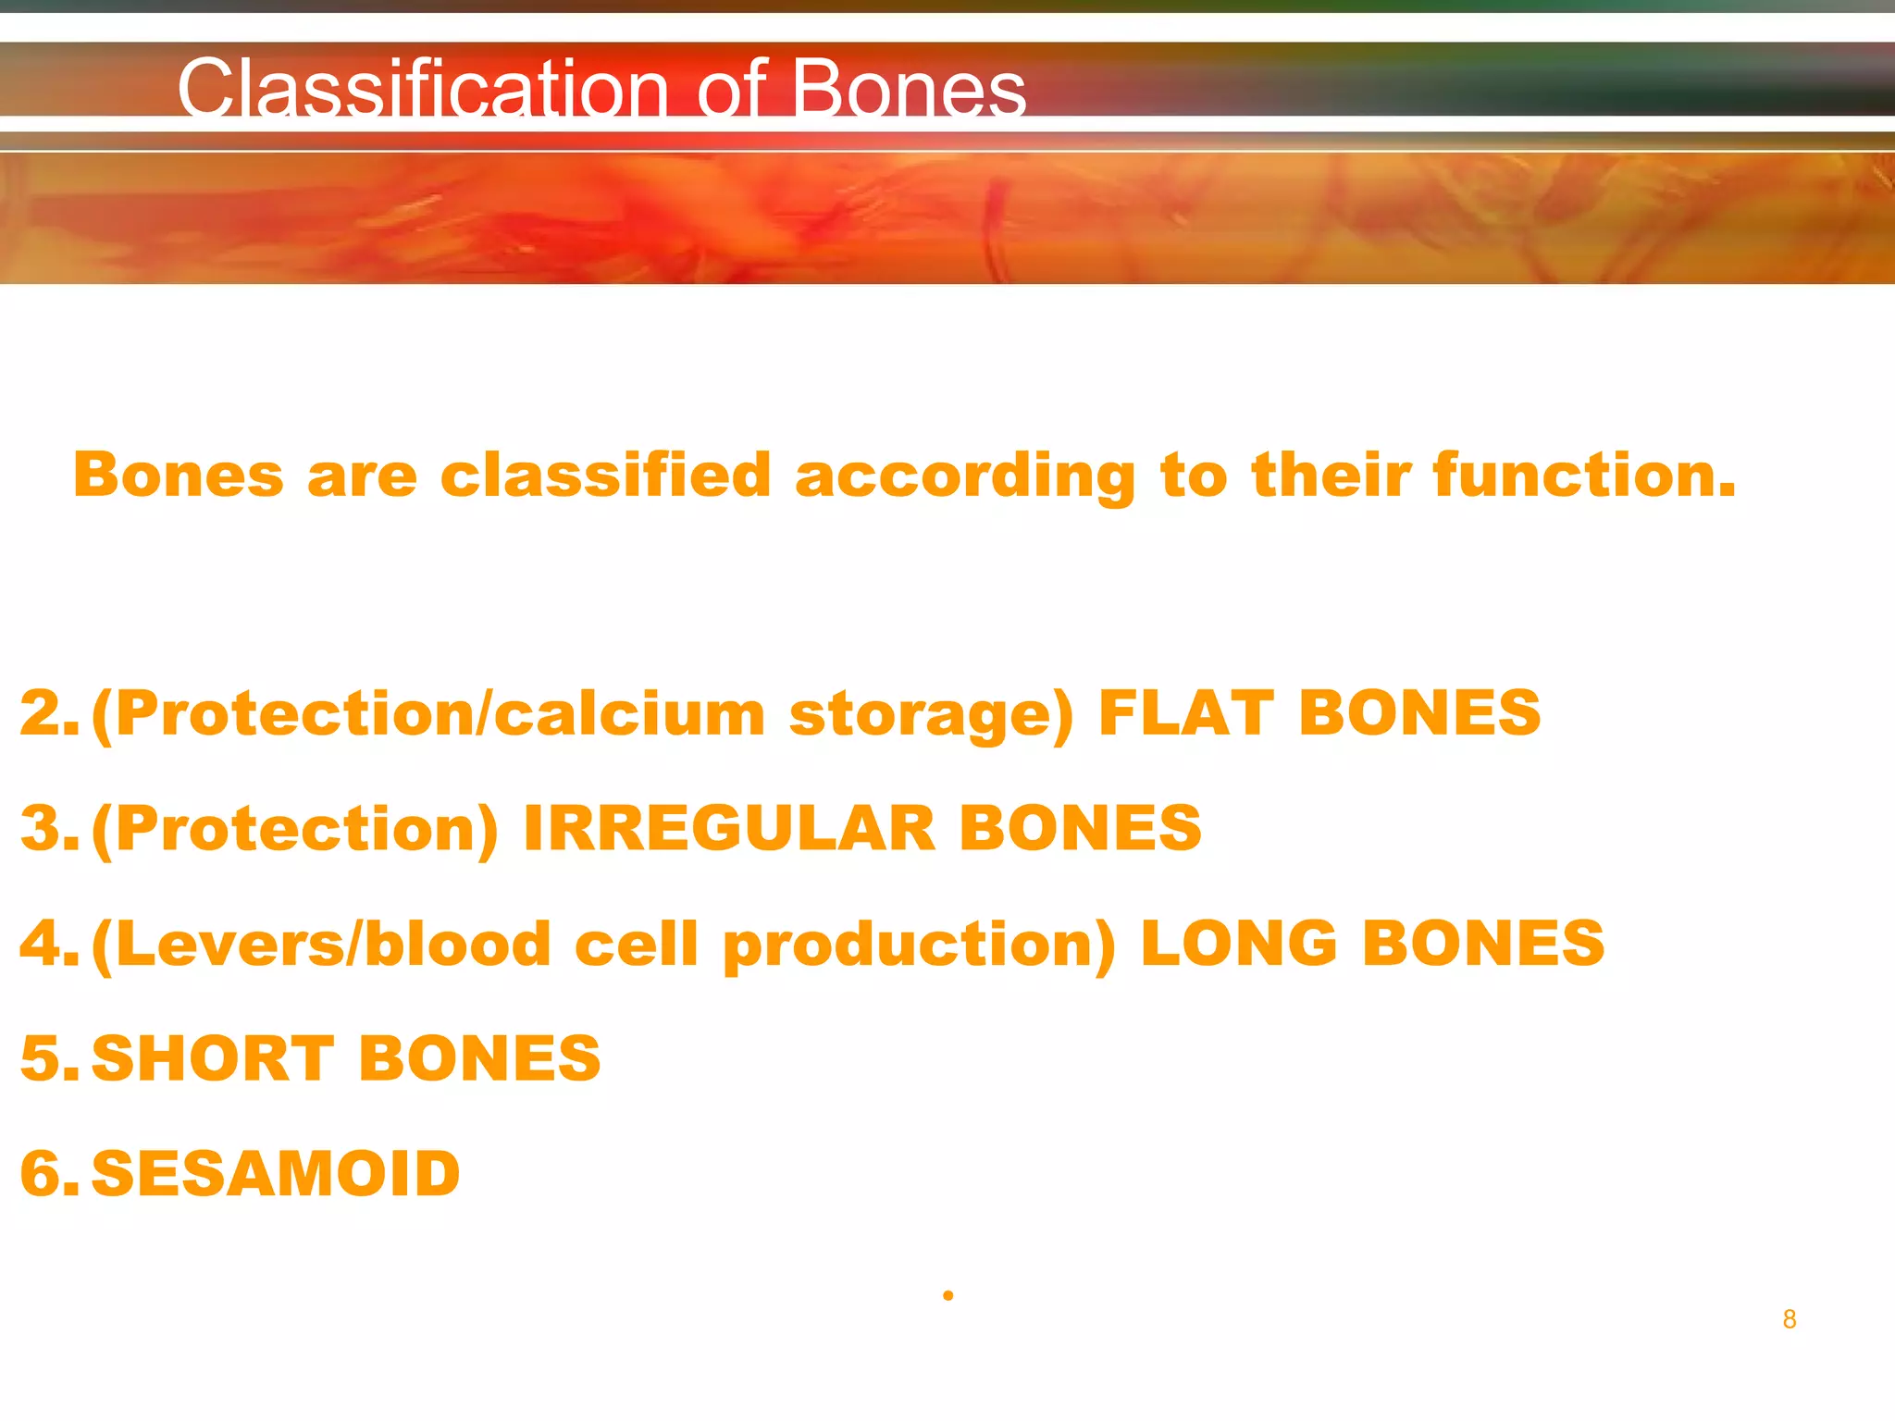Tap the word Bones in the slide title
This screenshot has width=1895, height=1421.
tap(909, 89)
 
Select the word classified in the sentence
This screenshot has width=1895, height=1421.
tap(605, 475)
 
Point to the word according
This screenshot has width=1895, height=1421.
tap(965, 476)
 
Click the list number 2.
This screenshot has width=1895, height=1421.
tap(48, 713)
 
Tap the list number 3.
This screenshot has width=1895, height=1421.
tap(48, 828)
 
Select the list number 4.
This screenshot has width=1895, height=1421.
tap(48, 944)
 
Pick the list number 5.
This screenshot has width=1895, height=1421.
tap(48, 1058)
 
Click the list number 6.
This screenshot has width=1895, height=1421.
tap(48, 1174)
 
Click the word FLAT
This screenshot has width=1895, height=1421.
tap(1184, 713)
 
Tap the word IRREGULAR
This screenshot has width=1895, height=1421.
tap(729, 828)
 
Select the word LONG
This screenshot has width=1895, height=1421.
tap(1239, 944)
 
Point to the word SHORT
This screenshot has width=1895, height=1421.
tap(213, 1058)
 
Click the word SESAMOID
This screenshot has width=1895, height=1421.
tap(276, 1174)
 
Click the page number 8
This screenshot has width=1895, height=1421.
tap(1790, 1319)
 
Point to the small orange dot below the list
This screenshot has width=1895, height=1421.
tap(948, 1295)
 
